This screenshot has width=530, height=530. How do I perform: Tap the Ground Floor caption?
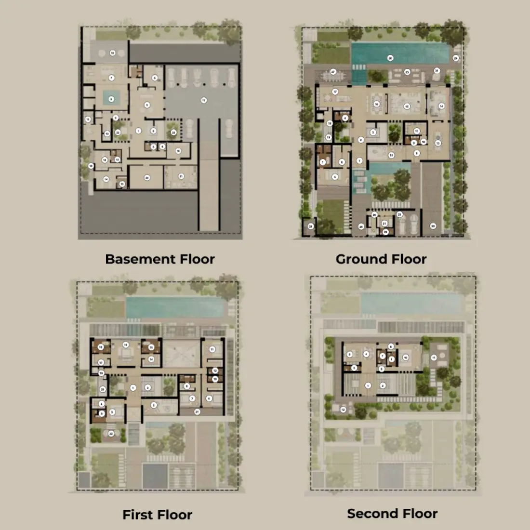tap(381, 259)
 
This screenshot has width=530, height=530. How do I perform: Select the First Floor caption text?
tap(157, 515)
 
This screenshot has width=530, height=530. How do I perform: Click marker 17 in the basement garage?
tap(204, 101)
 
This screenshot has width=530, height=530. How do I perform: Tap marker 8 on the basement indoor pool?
tap(111, 99)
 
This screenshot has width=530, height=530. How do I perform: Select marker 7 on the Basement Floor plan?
tap(111, 78)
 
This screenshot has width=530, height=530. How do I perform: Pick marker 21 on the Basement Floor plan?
tap(181, 176)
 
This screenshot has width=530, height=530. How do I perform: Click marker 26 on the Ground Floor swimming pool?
tap(390, 58)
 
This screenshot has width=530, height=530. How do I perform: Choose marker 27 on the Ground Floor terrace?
tap(333, 72)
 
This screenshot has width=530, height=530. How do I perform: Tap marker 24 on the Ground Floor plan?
tap(456, 58)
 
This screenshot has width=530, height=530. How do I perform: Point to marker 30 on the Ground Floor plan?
tap(433, 226)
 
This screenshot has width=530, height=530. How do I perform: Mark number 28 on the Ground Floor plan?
tap(311, 226)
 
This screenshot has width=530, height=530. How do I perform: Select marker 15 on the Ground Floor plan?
tap(407, 106)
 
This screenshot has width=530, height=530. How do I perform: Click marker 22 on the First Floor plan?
tap(111, 434)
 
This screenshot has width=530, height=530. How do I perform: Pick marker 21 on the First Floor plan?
tap(197, 412)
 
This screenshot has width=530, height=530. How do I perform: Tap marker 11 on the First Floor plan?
tap(212, 349)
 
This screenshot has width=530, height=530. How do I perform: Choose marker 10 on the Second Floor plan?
tap(406, 358)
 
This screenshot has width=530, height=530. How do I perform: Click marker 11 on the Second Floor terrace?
tap(434, 358)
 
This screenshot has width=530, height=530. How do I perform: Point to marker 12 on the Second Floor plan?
tap(343, 410)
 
